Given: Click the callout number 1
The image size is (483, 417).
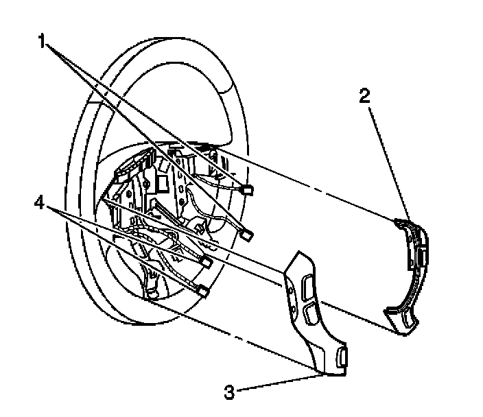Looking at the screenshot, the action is click(x=43, y=43).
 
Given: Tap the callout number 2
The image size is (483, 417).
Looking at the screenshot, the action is click(x=365, y=95).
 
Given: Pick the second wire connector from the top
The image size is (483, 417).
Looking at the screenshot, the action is click(x=248, y=235).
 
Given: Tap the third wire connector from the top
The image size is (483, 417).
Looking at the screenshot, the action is click(x=206, y=261).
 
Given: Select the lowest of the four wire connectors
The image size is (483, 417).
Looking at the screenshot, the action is click(x=203, y=289).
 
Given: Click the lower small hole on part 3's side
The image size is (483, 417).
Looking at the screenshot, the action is click(x=293, y=302).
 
